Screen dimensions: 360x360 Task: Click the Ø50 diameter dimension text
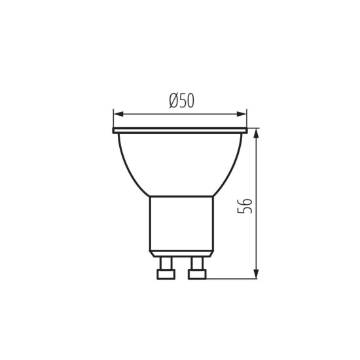click(x=181, y=101)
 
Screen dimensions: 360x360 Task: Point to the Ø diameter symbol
click(x=171, y=101)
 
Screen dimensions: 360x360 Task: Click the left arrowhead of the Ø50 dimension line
click(x=118, y=113)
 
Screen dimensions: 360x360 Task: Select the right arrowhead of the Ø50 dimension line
click(x=243, y=113)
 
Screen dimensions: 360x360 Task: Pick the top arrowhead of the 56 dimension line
click(x=256, y=133)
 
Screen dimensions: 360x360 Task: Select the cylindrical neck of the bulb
click(x=181, y=223)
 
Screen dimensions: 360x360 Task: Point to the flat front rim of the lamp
click(x=181, y=131)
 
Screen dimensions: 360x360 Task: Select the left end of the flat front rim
click(x=116, y=131)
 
